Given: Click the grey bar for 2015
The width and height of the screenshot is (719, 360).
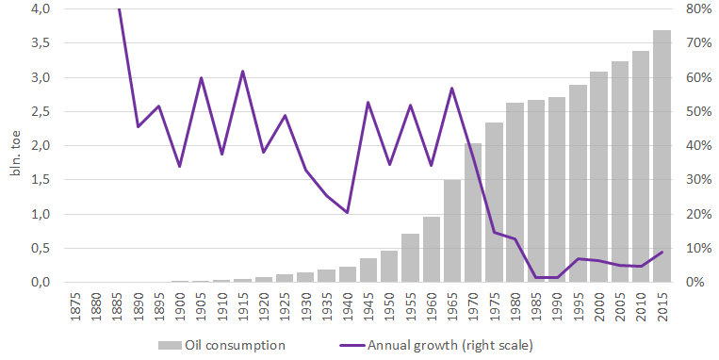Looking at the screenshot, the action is [662, 155].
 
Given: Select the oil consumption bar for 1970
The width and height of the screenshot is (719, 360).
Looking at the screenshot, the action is [473, 213].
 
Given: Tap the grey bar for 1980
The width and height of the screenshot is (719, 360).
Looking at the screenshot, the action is [515, 192].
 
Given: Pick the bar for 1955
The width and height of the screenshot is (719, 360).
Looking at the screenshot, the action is [410, 258].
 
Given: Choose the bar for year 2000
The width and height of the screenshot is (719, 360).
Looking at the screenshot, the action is [599, 177].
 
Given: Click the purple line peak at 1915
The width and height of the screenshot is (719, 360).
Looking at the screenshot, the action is [242, 71].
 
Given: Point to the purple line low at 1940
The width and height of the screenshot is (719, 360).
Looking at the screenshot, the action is [347, 213].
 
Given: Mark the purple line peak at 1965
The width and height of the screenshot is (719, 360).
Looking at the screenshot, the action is [452, 88].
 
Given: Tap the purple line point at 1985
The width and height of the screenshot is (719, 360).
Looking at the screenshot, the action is [536, 277].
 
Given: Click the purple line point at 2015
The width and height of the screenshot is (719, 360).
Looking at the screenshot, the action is [662, 253].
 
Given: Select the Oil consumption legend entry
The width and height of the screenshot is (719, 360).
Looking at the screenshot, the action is [221, 345].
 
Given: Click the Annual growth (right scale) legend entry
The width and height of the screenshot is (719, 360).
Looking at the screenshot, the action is [436, 345].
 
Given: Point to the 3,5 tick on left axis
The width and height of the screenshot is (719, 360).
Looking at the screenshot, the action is [40, 43].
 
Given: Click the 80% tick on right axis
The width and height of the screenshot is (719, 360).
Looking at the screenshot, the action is [699, 8].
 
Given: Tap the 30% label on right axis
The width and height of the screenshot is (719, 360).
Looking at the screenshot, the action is [699, 180].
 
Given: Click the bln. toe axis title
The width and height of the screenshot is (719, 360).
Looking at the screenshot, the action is [15, 155].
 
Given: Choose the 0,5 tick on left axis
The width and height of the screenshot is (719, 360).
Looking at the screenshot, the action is [40, 249].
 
